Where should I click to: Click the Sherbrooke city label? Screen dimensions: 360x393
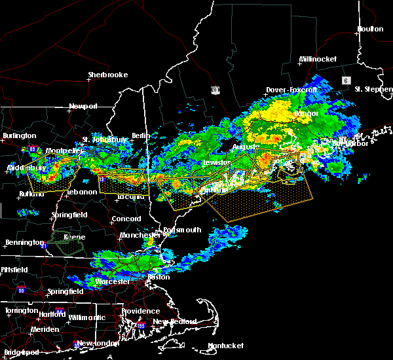[108, 75]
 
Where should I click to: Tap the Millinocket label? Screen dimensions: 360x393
[318, 59]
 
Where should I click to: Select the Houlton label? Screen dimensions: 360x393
[370, 29]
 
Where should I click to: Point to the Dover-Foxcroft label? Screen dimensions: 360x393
[291, 90]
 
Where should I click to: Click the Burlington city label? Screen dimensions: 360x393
[19, 135]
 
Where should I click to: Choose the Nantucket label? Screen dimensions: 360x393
[225, 346]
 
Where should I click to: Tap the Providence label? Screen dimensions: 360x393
[141, 311]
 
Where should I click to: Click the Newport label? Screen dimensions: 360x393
[83, 106]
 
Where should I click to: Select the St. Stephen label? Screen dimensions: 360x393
[373, 88]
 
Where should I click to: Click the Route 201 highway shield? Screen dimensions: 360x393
[215, 90]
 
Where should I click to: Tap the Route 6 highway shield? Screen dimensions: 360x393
[345, 80]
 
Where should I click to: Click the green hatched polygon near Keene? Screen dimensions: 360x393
[67, 242]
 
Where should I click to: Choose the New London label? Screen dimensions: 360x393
[97, 343]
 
